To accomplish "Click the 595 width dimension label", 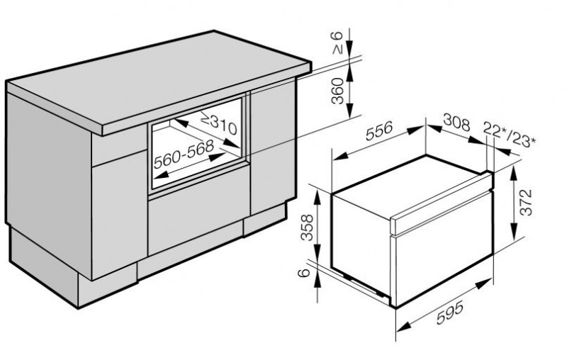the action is (x=449, y=313).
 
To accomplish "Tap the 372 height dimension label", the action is (x=526, y=203).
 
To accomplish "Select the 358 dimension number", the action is (x=308, y=227).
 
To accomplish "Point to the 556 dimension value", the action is (x=378, y=131).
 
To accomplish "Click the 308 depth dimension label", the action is (x=456, y=123).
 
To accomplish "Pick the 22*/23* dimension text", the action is (x=509, y=135).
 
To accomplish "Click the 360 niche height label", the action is (x=337, y=91).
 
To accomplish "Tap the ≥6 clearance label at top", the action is (x=337, y=43).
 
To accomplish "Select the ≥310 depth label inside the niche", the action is (x=219, y=123).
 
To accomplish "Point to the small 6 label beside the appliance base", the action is (x=305, y=272).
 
